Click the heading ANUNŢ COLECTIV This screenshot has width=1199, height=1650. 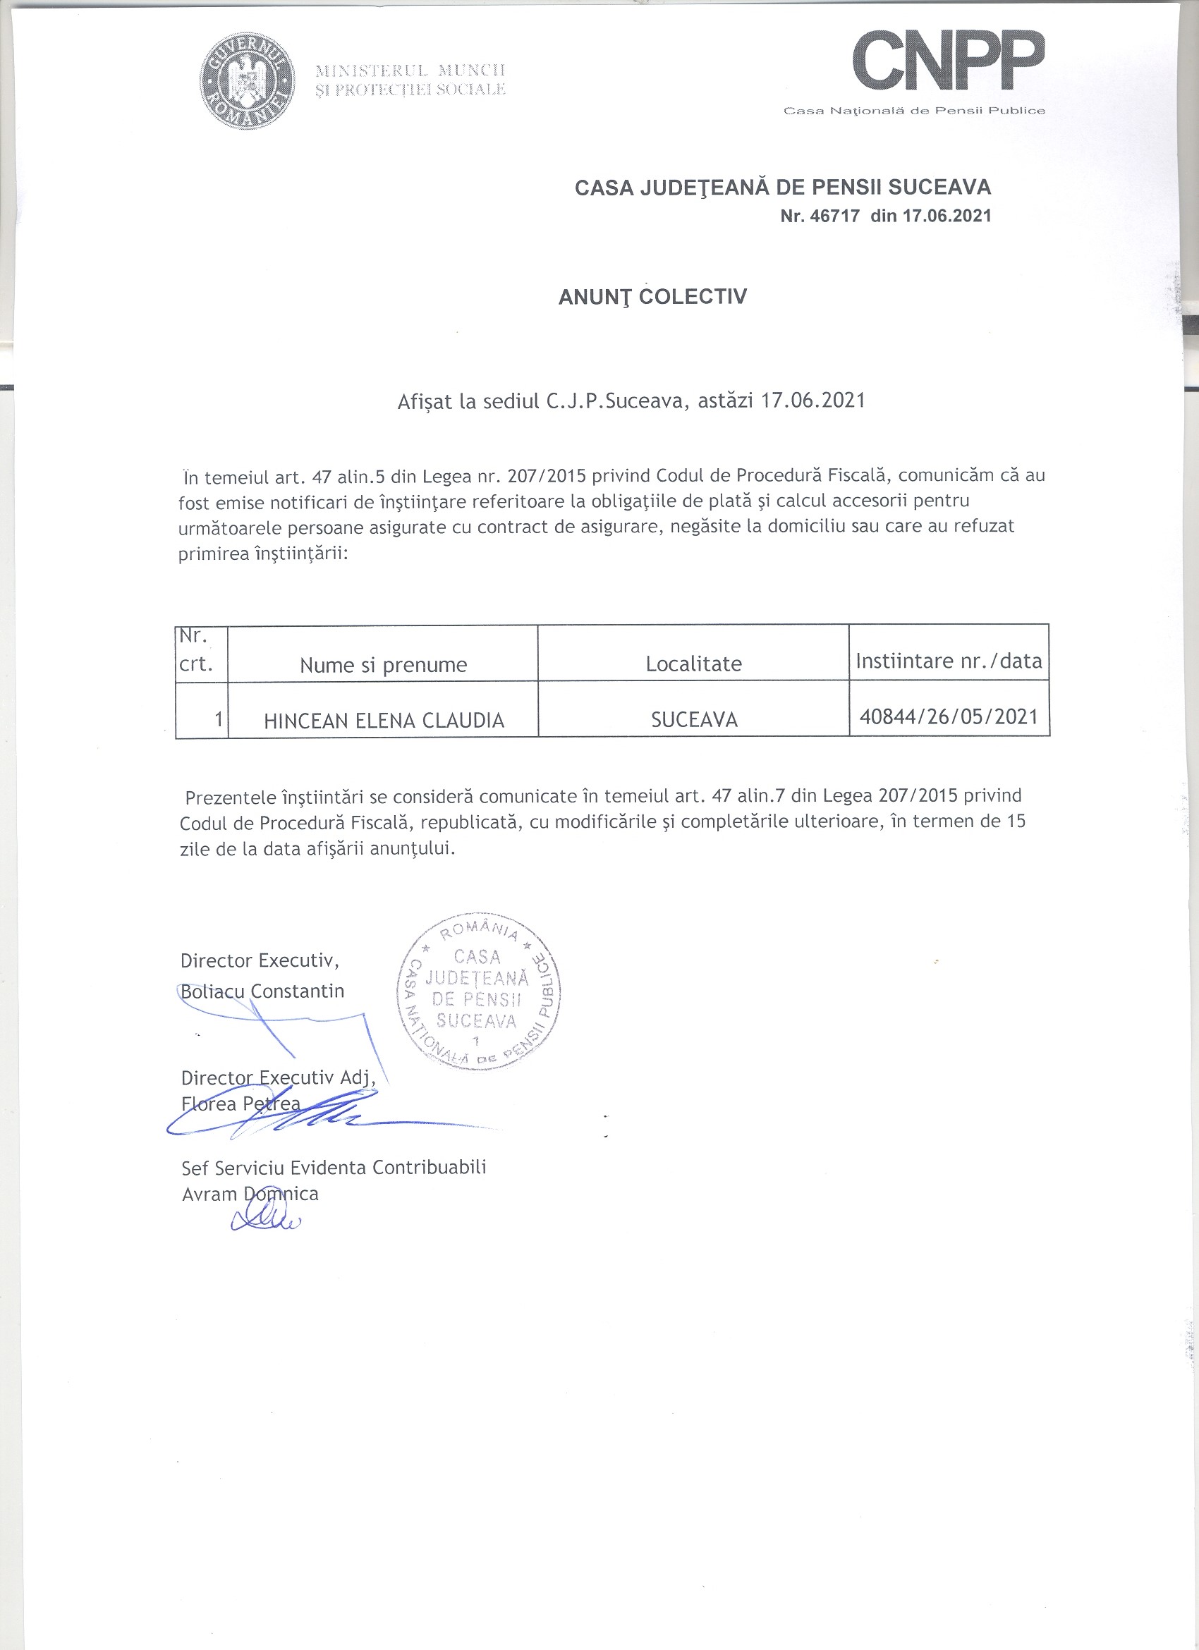click(x=652, y=297)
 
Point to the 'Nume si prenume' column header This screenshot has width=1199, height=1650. click(x=383, y=665)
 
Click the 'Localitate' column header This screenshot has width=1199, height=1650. click(x=693, y=664)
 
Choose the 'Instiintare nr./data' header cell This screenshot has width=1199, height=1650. click(x=949, y=661)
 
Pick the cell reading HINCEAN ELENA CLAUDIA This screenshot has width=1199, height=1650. click(x=384, y=720)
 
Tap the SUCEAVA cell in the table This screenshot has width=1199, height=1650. click(x=693, y=719)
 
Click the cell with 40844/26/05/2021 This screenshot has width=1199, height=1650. click(x=949, y=716)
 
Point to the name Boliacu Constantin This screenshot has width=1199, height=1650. click(x=262, y=991)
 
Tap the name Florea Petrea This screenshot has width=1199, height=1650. click(x=240, y=1104)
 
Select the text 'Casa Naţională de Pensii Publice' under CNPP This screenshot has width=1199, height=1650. click(x=913, y=111)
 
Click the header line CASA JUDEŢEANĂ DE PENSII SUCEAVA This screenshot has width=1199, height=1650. click(x=782, y=188)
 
